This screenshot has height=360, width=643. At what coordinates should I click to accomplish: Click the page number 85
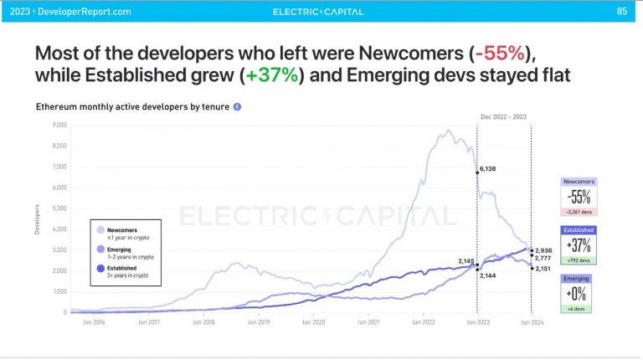pos(621,11)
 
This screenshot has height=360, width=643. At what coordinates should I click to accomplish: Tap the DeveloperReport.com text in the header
pos(90,12)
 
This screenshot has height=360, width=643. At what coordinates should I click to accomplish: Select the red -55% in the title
pos(499,54)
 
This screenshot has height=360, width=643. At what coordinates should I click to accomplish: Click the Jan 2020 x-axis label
pos(314,321)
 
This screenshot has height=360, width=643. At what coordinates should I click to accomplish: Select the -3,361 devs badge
pos(579,213)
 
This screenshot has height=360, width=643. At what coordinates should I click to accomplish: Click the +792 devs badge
pos(579,260)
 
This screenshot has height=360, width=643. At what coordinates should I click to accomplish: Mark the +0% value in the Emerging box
pos(579,294)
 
